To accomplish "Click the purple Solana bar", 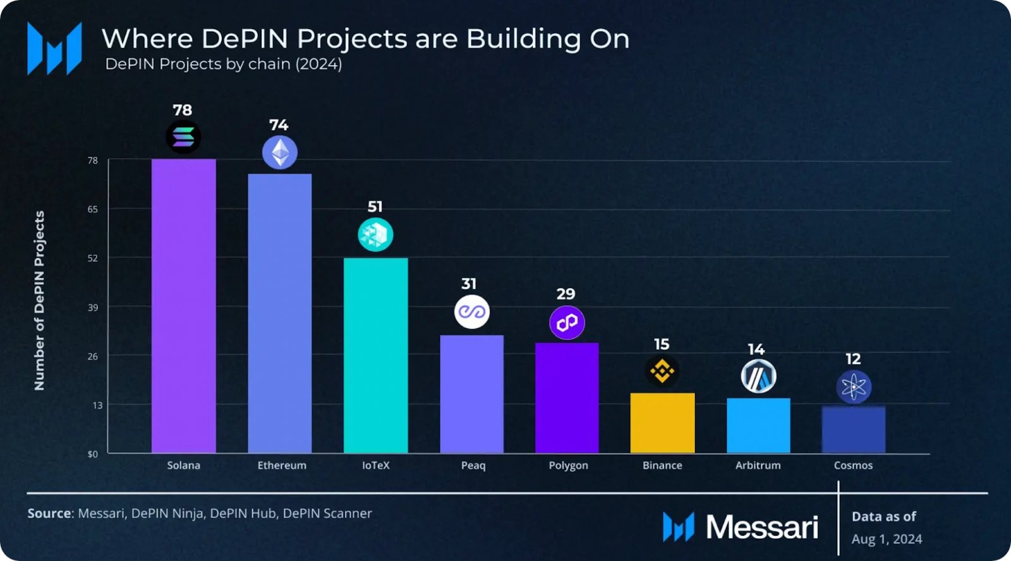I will pyautogui.click(x=183, y=306).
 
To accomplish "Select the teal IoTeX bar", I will pyautogui.click(x=375, y=355).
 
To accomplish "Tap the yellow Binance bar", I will pyautogui.click(x=662, y=423).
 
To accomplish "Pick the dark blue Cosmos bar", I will pyautogui.click(x=853, y=430).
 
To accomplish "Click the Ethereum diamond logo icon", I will pyautogui.click(x=280, y=153).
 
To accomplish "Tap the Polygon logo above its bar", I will pyautogui.click(x=567, y=323).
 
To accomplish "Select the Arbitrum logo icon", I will pyautogui.click(x=758, y=377).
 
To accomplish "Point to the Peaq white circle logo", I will pyautogui.click(x=472, y=311).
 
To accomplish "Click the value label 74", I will pyautogui.click(x=279, y=125).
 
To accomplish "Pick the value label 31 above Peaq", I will pyautogui.click(x=469, y=284).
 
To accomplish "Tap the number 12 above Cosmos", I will pyautogui.click(x=853, y=359).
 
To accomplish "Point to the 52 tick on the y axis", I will pyautogui.click(x=93, y=258).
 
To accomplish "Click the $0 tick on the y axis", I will pyautogui.click(x=93, y=454).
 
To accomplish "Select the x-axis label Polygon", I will pyautogui.click(x=568, y=465).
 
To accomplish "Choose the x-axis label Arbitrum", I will pyautogui.click(x=758, y=465).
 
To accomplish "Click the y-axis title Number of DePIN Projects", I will pyautogui.click(x=39, y=301).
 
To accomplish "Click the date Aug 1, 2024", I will pyautogui.click(x=887, y=539).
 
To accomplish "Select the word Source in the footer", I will pyautogui.click(x=49, y=513).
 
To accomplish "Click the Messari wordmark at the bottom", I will pyautogui.click(x=761, y=527).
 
